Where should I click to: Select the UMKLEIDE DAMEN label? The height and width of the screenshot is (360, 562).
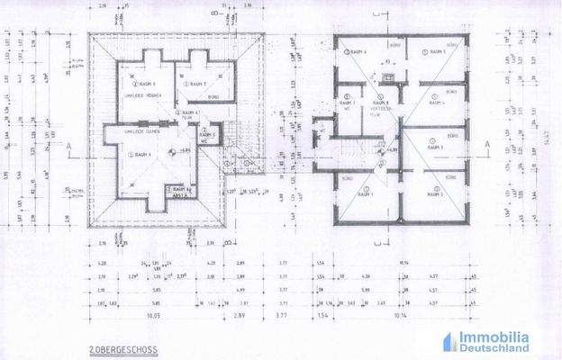point(128,132)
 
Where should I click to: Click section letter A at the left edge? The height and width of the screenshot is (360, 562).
point(69,144)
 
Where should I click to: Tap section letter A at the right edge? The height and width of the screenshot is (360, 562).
point(486,144)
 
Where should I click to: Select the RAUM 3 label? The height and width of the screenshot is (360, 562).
point(437,148)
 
